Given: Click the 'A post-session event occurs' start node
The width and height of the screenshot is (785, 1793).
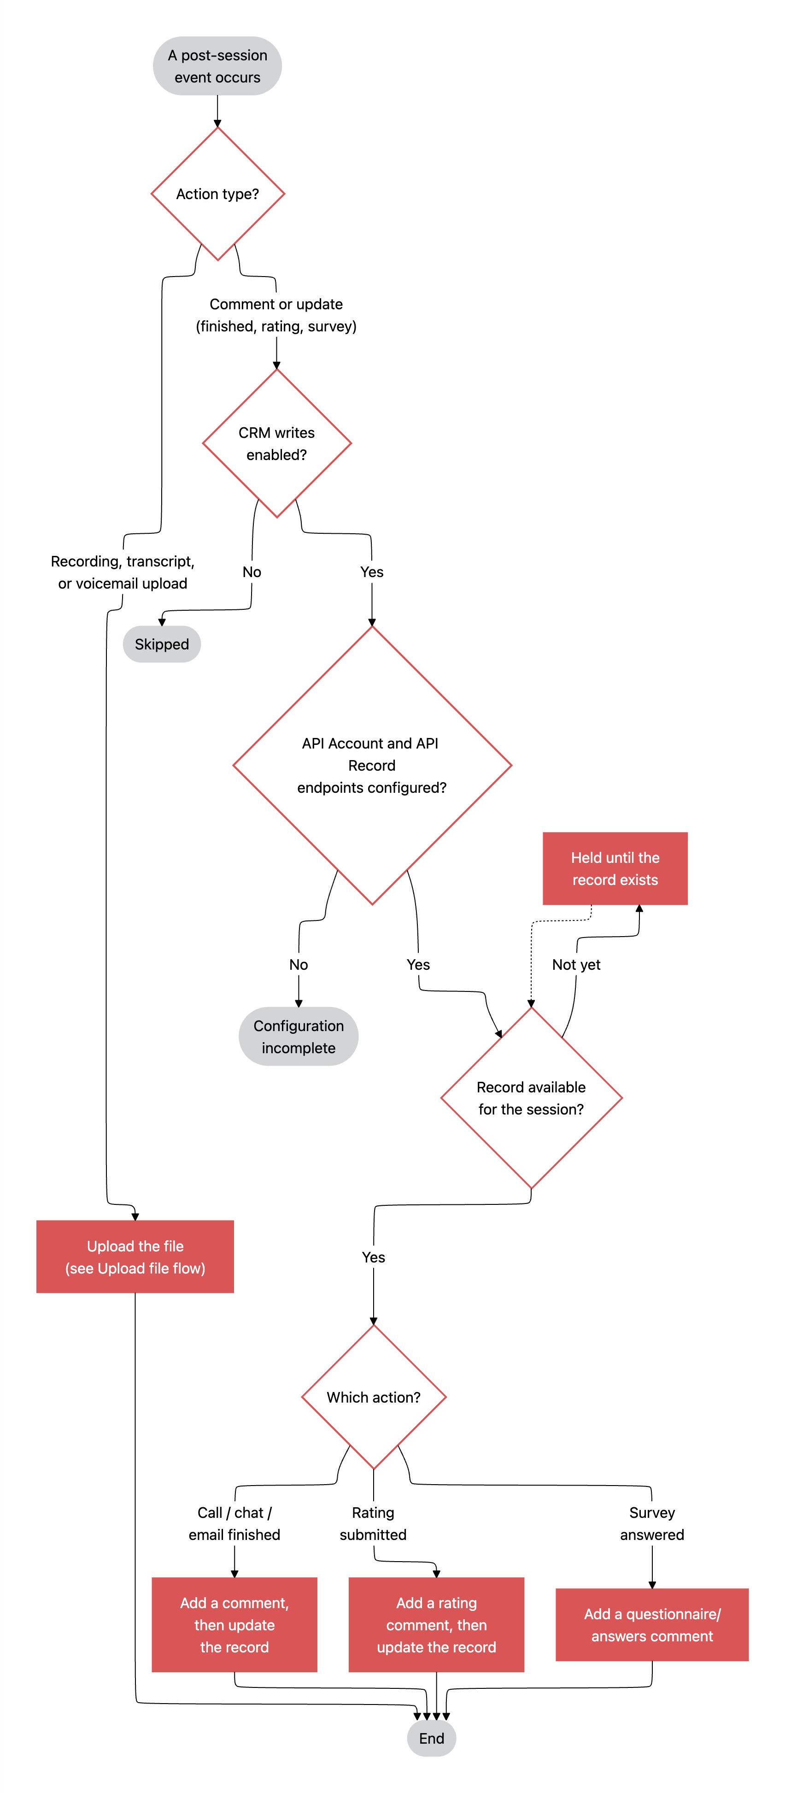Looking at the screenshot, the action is click(217, 66).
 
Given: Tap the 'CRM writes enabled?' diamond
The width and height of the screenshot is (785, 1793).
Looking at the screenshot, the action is click(277, 443).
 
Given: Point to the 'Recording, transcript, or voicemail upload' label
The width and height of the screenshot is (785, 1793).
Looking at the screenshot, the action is click(123, 572).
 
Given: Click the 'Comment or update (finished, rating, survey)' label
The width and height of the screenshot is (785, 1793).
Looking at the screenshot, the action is click(276, 315).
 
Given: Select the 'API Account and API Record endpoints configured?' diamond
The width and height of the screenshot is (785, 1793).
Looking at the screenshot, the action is click(372, 766).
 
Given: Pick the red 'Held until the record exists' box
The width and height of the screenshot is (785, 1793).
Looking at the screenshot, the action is click(615, 869).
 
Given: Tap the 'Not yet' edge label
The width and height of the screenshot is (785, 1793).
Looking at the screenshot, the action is click(576, 965).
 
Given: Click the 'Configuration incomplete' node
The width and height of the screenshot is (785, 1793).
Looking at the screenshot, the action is click(299, 1037).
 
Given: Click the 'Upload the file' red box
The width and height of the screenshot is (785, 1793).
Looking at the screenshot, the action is click(135, 1256).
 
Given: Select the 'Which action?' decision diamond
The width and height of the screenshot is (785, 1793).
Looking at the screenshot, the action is click(374, 1397).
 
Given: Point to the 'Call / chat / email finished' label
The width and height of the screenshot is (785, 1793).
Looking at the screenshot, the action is click(234, 1524).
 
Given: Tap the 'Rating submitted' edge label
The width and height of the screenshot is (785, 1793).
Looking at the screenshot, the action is click(373, 1524).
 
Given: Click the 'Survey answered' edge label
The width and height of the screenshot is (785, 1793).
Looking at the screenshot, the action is click(652, 1524).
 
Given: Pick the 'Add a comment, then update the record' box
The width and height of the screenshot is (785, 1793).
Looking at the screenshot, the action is click(234, 1625).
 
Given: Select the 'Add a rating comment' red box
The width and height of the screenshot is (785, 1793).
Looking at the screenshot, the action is click(436, 1625).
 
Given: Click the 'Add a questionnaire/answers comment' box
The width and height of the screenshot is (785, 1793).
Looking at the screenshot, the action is click(652, 1625).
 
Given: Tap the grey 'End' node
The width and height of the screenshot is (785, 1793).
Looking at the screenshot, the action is click(432, 1738).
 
